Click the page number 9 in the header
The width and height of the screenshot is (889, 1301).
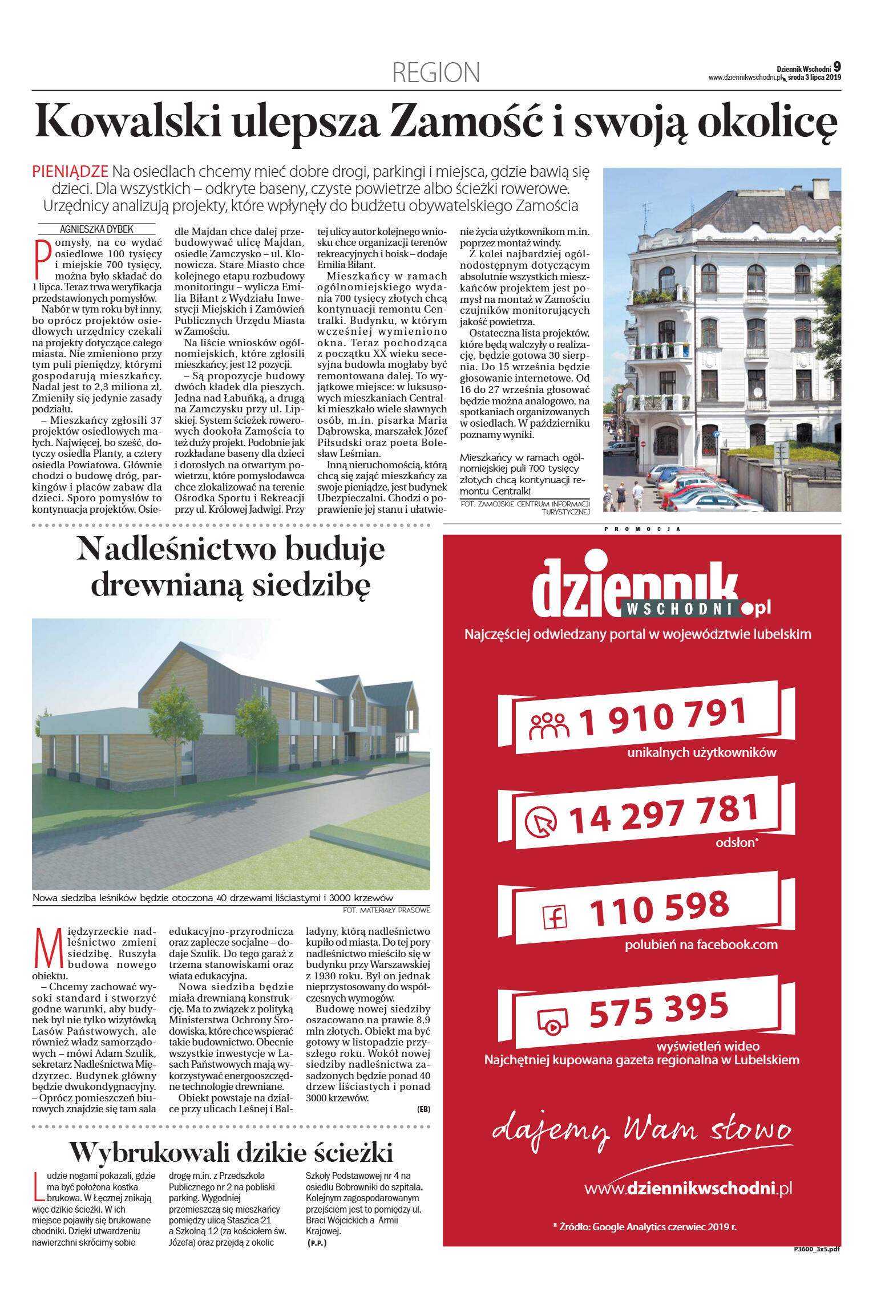pos(837,67)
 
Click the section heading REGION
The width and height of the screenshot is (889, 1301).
pos(436,73)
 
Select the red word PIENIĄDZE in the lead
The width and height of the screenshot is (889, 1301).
pos(70,171)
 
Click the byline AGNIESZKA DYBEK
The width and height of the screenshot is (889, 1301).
pos(96,229)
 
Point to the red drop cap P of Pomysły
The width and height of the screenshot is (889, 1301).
pos(42,259)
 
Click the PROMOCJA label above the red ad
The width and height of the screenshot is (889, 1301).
pos(642,529)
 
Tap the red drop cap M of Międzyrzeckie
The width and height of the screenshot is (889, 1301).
pos(48,947)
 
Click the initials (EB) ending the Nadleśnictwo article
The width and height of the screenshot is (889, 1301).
pos(423,1109)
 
